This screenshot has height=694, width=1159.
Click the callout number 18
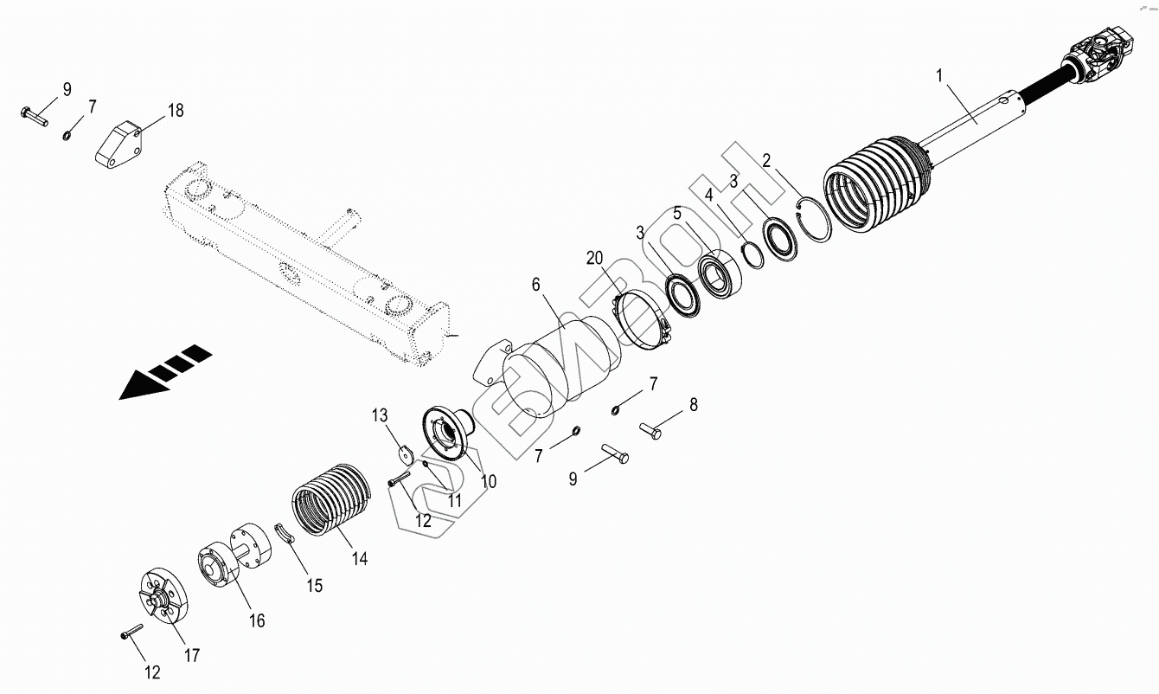click(176, 110)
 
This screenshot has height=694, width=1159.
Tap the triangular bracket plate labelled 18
click(118, 145)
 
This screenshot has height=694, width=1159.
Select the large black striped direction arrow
click(165, 372)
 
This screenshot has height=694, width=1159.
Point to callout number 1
click(939, 76)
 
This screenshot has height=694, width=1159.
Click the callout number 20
click(594, 258)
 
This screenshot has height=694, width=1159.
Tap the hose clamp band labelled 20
click(642, 321)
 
